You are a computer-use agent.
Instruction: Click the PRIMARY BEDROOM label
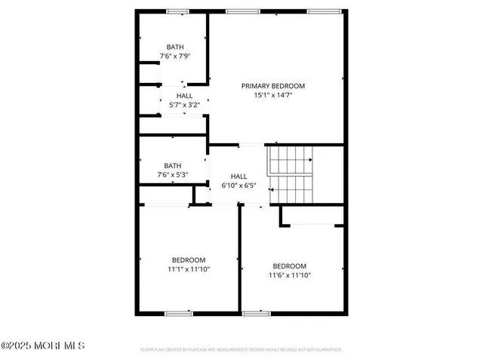click(x=272, y=85)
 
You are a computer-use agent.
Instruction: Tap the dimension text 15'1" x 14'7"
click(x=272, y=95)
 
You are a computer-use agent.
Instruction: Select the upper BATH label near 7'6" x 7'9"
click(x=174, y=47)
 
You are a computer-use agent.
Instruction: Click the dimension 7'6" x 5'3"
click(x=172, y=175)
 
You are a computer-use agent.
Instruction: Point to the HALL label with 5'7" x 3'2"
click(x=184, y=96)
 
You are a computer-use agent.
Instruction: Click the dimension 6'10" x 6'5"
click(x=238, y=185)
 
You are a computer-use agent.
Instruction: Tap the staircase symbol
click(x=291, y=175)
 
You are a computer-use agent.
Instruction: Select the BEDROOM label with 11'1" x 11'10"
click(x=188, y=259)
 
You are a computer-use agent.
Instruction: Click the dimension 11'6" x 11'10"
click(x=290, y=275)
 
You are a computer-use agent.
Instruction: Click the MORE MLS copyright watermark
click(x=43, y=345)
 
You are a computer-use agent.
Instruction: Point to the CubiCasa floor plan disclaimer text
click(x=241, y=350)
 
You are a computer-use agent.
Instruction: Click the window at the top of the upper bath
click(x=178, y=11)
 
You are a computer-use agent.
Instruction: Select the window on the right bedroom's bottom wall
click(x=257, y=313)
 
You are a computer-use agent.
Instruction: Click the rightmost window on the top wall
click(x=323, y=11)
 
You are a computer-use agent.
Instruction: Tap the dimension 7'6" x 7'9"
click(x=174, y=57)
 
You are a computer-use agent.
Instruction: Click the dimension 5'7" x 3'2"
click(x=184, y=106)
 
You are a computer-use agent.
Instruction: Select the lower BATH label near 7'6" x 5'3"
click(x=173, y=165)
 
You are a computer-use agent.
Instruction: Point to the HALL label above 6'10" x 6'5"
click(x=238, y=175)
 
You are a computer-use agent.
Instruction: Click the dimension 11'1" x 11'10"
click(x=188, y=269)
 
